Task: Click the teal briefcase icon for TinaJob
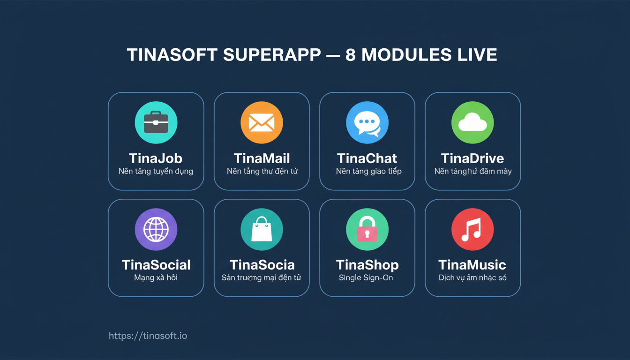point(156,122)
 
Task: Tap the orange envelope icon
point(262,122)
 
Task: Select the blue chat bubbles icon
point(367,122)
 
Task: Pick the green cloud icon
point(472,122)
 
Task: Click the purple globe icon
point(156,229)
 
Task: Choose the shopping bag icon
point(262,229)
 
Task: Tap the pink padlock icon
point(367,229)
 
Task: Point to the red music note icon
point(472,229)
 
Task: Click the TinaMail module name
point(262,158)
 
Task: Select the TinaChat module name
point(367,158)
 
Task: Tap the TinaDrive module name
point(472,158)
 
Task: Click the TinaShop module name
point(367,265)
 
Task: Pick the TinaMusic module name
point(472,265)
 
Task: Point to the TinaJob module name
point(156,158)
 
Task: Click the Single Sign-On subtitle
point(366,277)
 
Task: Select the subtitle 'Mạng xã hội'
point(156,277)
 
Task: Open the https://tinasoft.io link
point(148,336)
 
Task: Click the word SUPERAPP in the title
point(272,55)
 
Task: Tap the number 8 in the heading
point(350,55)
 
